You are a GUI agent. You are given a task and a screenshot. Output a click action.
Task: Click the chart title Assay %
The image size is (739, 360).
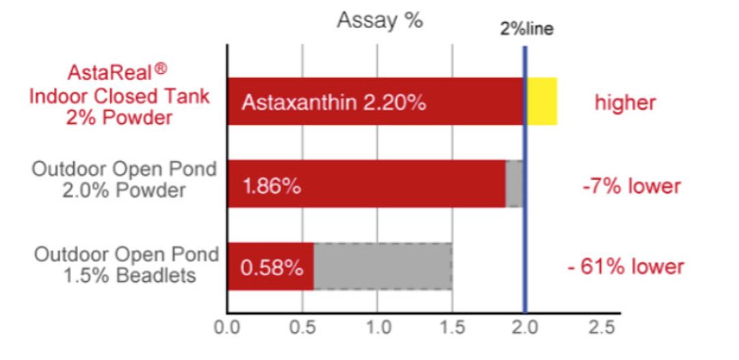tap(380, 21)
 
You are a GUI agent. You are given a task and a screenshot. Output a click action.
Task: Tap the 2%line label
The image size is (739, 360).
tap(526, 29)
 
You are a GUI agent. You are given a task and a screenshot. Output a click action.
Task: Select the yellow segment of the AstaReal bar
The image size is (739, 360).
tap(542, 101)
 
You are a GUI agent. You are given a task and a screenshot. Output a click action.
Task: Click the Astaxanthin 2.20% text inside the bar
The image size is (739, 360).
tap(334, 103)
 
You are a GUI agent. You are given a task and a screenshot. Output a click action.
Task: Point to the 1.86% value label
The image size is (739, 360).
tap(271, 187)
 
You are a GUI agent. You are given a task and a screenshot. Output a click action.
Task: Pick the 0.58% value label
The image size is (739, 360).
tap(271, 269)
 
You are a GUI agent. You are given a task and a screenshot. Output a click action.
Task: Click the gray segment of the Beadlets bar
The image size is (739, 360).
tap(383, 266)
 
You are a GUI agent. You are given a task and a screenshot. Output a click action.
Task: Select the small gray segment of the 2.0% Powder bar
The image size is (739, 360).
tap(514, 184)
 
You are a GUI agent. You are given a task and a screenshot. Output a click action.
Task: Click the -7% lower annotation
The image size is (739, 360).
tap(632, 187)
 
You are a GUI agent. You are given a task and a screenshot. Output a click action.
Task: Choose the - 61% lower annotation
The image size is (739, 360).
tap(625, 267)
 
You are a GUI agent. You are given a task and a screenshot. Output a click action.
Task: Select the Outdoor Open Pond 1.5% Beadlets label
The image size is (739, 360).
tap(127, 266)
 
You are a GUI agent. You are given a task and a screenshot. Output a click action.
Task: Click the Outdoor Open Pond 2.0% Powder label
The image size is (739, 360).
tap(124, 179)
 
